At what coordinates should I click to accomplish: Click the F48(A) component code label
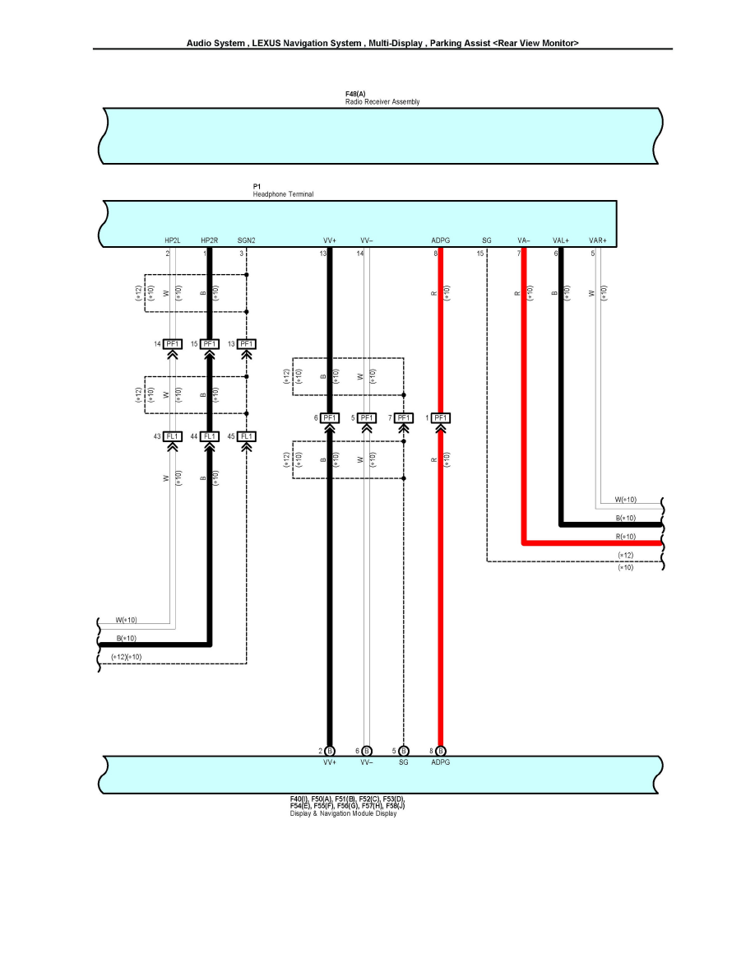(x=355, y=95)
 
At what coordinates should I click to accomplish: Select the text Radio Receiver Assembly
(x=382, y=102)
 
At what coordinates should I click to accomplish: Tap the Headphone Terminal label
(x=283, y=194)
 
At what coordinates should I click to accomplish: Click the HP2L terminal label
(x=172, y=240)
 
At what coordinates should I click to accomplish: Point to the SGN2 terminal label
(x=246, y=240)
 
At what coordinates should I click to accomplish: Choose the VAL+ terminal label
(x=561, y=240)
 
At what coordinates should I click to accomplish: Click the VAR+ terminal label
(x=598, y=240)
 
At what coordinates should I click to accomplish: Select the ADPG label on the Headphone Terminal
(x=440, y=240)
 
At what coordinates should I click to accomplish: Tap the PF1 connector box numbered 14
(x=173, y=343)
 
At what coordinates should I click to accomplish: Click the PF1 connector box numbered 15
(x=209, y=343)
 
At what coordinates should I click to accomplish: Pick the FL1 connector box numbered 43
(x=173, y=435)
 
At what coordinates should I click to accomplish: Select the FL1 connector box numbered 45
(x=247, y=435)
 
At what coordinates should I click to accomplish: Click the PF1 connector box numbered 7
(x=404, y=418)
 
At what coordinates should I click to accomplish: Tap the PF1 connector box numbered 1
(x=441, y=418)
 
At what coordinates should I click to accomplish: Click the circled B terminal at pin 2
(x=330, y=751)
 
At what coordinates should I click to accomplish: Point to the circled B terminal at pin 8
(x=441, y=751)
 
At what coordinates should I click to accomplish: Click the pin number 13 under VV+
(x=323, y=254)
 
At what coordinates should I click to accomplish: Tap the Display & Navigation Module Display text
(x=343, y=814)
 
